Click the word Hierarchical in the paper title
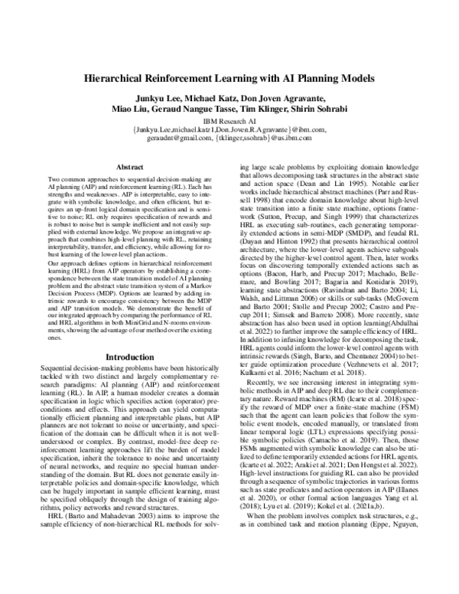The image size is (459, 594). pyautogui.click(x=122, y=78)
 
